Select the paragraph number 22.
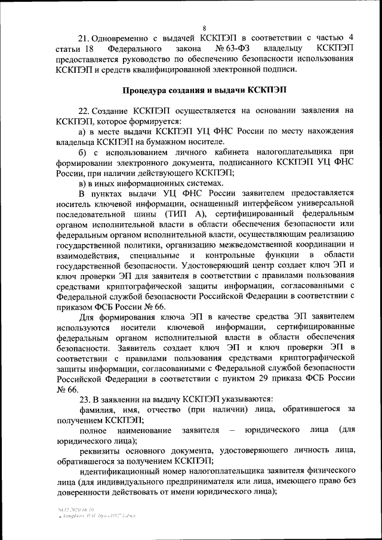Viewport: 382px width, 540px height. [x=84, y=111]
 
